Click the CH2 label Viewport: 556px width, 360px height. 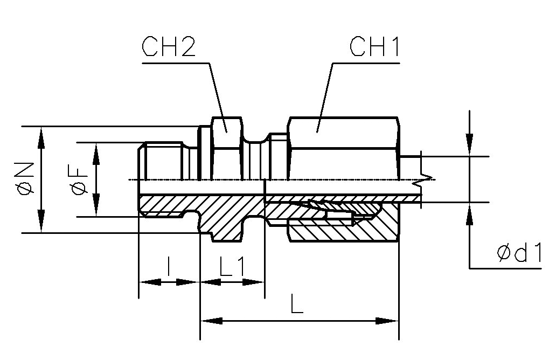click(x=168, y=49)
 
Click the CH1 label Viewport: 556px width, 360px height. click(x=375, y=49)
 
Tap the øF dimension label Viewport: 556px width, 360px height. click(x=79, y=179)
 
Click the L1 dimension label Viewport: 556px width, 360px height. click(x=232, y=268)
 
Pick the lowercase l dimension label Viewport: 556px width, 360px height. click(x=169, y=268)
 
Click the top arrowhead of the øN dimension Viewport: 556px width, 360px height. click(x=41, y=137)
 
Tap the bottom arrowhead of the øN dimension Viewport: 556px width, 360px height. click(x=41, y=222)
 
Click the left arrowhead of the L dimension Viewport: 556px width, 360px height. click(x=211, y=321)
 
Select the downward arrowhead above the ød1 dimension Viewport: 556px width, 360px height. click(x=470, y=147)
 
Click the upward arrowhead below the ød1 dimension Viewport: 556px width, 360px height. click(x=470, y=212)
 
